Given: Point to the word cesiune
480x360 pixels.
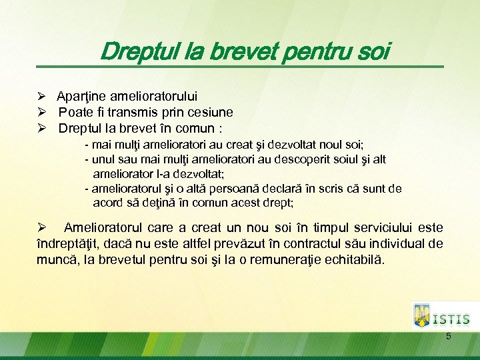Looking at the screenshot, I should pyautogui.click(x=209, y=113).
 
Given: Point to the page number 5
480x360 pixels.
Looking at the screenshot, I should pyautogui.click(x=449, y=337).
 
